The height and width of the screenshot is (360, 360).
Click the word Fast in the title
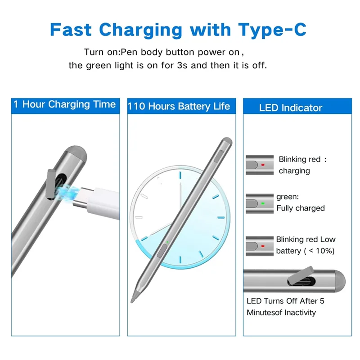(x=71, y=29)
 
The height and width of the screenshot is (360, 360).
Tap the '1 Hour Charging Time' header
(x=64, y=105)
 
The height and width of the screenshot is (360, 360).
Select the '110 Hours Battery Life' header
(x=179, y=107)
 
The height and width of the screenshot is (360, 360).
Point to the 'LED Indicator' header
(x=291, y=108)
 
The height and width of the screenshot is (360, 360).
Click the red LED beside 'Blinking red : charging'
(x=263, y=165)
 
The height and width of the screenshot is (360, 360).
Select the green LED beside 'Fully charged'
(x=263, y=203)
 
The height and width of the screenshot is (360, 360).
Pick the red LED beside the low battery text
(x=263, y=246)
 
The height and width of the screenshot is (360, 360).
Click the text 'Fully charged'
(x=300, y=208)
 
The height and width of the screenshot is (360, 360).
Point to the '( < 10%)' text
(x=319, y=251)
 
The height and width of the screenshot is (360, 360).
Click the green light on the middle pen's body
(x=167, y=243)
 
